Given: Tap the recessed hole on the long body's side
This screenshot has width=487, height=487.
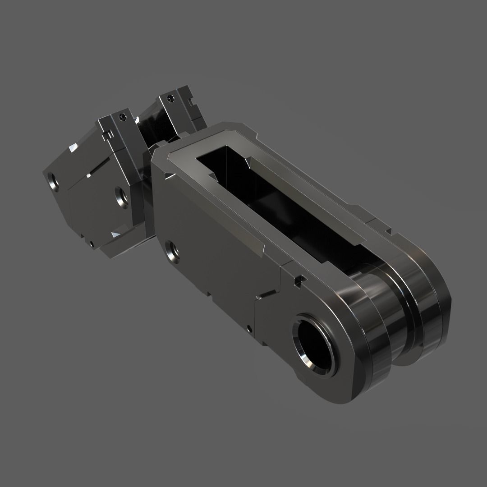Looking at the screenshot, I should click(x=172, y=251).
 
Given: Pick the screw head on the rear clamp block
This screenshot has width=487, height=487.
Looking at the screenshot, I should click(x=170, y=97).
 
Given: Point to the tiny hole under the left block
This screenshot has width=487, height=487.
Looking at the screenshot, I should click(x=92, y=243).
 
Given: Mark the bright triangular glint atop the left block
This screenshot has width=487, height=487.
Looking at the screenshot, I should click(x=72, y=149).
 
